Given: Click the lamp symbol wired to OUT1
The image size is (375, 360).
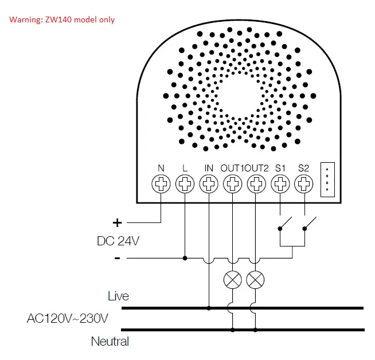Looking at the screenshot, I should pos(232,279).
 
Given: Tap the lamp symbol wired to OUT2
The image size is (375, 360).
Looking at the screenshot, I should pos(256,279).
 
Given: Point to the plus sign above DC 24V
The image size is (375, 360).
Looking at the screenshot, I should pos(118,222).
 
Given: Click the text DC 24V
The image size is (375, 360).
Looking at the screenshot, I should pos(118,241).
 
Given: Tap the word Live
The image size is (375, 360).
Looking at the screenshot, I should pos(118,296).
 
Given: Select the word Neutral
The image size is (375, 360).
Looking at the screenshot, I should pos(110,342).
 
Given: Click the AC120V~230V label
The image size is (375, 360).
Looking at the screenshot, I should pos(68,318).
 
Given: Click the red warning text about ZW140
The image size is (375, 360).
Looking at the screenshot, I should pos(61,19).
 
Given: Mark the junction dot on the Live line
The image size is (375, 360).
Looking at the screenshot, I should pos(209,308).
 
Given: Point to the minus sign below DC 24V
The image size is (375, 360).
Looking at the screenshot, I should pos(118,259).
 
